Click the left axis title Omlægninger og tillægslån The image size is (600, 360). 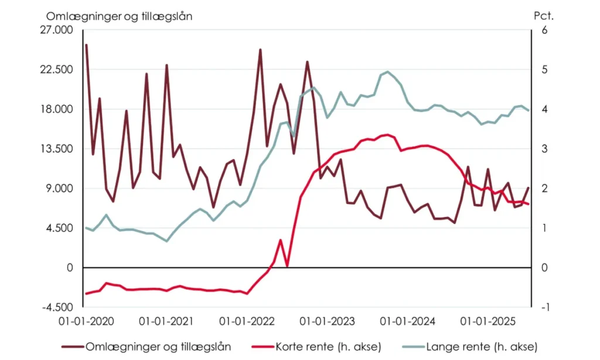(119, 16)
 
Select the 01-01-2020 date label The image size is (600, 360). (86, 322)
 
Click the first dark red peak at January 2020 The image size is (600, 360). (86, 45)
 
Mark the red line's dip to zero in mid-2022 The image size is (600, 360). (287, 267)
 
